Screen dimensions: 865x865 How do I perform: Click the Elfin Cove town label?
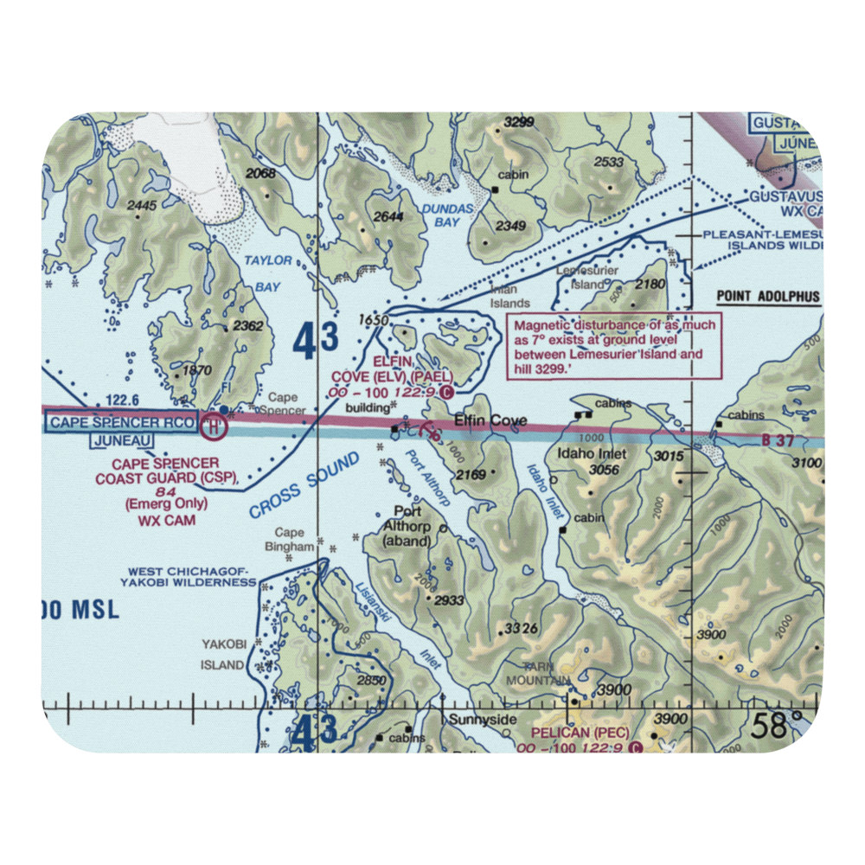point(490,421)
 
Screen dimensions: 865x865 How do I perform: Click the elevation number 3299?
point(519,122)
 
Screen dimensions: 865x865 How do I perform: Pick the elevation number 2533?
point(609,162)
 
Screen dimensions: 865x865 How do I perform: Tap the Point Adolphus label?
point(767,297)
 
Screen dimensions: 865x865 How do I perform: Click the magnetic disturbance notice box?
point(613,346)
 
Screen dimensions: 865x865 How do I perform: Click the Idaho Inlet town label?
point(592,453)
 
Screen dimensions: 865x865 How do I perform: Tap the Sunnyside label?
point(482,720)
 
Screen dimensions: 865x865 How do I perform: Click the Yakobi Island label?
point(223,654)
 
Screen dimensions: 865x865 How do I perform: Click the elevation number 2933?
point(450,600)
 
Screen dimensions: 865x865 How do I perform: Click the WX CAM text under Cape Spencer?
point(166,520)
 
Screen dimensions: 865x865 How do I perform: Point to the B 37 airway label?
point(778,440)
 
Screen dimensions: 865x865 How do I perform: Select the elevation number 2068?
point(260,174)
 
